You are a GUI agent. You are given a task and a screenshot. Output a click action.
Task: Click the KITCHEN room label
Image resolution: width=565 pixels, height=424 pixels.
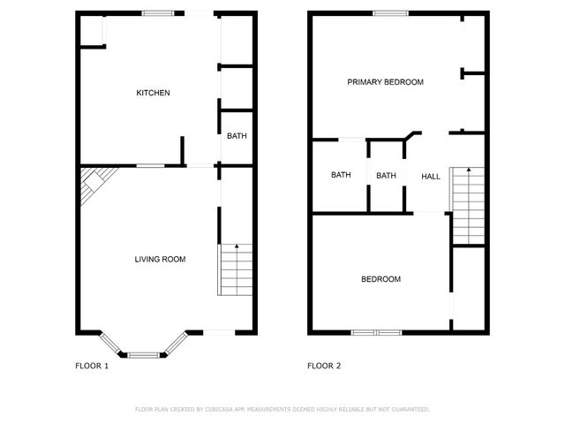153,93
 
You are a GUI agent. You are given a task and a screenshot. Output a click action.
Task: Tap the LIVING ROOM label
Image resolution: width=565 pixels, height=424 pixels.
160,259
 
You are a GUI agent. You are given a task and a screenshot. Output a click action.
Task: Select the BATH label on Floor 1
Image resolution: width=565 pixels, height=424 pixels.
237,136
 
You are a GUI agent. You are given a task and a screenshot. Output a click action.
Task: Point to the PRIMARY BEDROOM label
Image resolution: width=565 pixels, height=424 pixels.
385,82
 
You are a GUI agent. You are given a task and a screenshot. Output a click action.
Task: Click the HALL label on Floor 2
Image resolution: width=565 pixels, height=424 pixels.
431,177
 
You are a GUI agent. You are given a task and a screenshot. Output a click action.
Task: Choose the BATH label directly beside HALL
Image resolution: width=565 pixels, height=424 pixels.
386,175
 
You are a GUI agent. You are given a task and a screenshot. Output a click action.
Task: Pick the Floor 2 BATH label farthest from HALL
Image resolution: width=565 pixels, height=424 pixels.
341,175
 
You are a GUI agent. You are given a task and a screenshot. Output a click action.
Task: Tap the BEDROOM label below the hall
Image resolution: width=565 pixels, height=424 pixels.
380,279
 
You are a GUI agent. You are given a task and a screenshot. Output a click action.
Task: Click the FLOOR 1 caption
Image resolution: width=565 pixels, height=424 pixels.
92,366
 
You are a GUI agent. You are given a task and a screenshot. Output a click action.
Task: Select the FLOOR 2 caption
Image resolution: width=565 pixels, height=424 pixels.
324,366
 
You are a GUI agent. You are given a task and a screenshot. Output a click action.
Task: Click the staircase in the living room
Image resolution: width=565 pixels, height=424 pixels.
235,270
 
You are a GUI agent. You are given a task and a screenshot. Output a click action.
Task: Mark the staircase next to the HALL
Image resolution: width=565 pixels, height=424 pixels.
468,205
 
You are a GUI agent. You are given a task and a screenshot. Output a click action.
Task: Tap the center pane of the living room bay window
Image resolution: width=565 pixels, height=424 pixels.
144,354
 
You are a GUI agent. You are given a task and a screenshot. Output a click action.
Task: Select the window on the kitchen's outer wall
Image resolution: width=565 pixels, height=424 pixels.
158,12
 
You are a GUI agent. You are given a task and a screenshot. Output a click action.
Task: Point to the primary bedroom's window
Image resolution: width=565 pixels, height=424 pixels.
390,12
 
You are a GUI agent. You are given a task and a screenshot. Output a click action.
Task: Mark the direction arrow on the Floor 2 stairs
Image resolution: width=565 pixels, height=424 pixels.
468,170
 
